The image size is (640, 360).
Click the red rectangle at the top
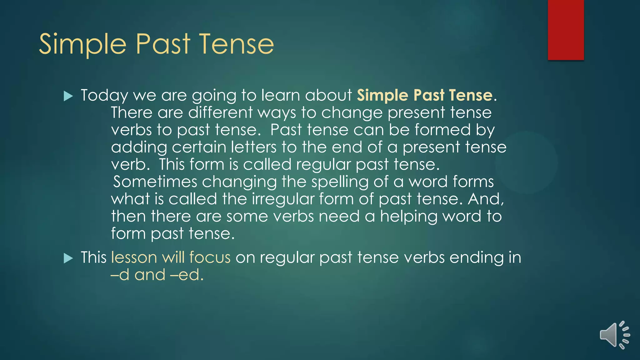(x=566, y=30)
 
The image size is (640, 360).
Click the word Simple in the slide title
(x=82, y=44)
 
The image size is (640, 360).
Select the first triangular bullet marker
(x=68, y=96)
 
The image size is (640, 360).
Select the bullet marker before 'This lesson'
(x=68, y=258)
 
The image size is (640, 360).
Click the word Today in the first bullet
(x=104, y=95)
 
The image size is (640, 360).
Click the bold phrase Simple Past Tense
(x=425, y=95)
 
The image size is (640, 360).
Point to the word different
(x=220, y=112)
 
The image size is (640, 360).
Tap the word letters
(x=254, y=147)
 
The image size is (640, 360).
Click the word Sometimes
(x=155, y=182)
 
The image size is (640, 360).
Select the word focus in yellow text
(x=210, y=257)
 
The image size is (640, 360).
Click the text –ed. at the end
(x=187, y=275)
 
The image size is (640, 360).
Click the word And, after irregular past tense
(x=486, y=199)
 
